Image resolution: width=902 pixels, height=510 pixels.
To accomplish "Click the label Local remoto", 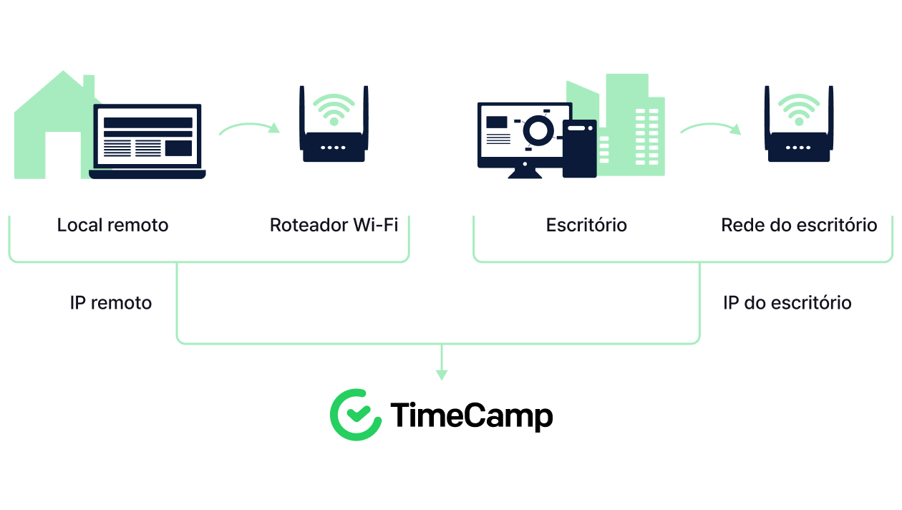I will click(x=112, y=225).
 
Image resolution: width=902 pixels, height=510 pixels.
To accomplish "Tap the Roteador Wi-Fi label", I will click(x=334, y=225).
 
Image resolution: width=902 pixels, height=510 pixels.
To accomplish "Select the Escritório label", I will click(x=586, y=225).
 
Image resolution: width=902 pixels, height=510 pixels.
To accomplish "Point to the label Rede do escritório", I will click(x=799, y=225).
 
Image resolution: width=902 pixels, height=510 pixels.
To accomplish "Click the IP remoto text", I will click(x=111, y=303).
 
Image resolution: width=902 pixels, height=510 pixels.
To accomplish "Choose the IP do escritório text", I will click(x=787, y=303).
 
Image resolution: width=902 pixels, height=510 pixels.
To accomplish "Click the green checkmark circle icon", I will click(x=356, y=415).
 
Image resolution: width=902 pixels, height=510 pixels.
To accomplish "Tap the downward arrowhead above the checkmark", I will click(x=441, y=374).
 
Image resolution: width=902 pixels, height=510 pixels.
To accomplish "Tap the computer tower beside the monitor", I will click(x=579, y=148).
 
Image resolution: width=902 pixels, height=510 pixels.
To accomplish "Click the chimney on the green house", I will click(x=89, y=84).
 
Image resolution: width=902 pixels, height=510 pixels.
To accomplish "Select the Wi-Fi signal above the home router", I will click(x=334, y=110).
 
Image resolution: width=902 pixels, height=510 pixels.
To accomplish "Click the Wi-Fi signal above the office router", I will click(x=799, y=110).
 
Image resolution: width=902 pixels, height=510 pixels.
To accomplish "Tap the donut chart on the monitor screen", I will click(x=538, y=130).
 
